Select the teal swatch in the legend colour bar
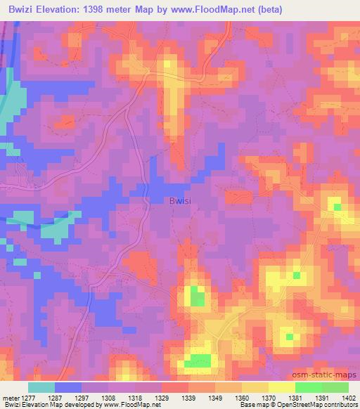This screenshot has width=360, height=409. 41,387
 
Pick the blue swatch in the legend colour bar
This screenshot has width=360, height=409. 67,387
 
